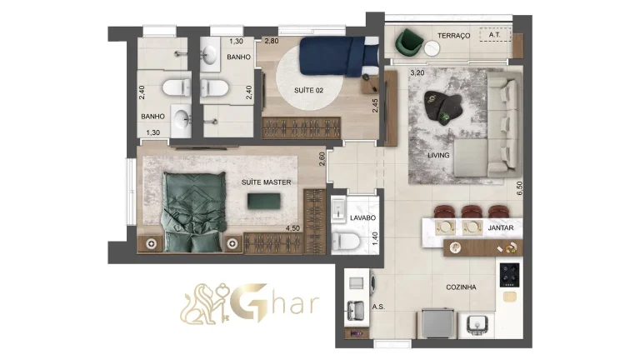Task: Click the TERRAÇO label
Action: [454, 36]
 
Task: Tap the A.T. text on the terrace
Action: [495, 36]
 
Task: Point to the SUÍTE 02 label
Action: [308, 90]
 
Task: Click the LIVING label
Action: [438, 156]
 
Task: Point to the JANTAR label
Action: [501, 227]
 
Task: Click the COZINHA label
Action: [461, 287]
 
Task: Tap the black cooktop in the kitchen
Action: [509, 275]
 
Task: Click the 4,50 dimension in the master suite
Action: [292, 228]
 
